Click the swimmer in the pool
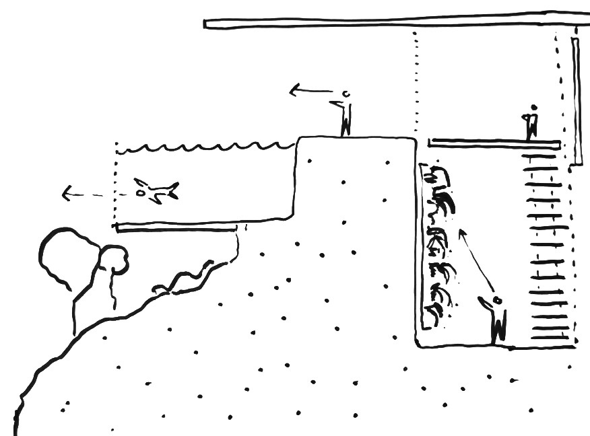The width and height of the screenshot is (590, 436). pyautogui.click(x=156, y=191)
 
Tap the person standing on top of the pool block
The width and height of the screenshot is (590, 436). pyautogui.click(x=346, y=114)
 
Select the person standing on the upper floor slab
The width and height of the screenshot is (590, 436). pyautogui.click(x=532, y=122)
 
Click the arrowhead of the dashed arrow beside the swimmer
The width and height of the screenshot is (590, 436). pyautogui.click(x=66, y=195)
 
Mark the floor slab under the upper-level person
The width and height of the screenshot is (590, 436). pyautogui.click(x=494, y=143)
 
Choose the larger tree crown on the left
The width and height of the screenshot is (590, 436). pyautogui.click(x=67, y=259)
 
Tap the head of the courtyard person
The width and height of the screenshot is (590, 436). pyautogui.click(x=498, y=299)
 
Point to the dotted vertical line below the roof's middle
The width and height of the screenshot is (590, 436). pyautogui.click(x=417, y=81)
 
